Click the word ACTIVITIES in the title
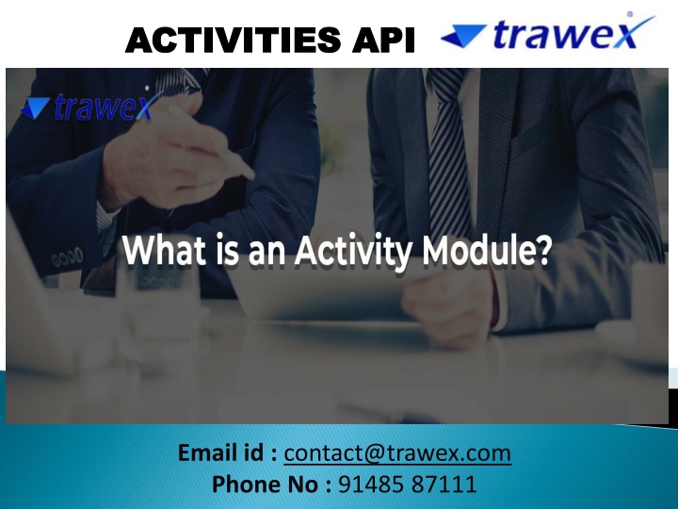[234, 40]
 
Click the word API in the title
[383, 40]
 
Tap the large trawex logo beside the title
[548, 31]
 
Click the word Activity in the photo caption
[352, 251]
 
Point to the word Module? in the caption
[487, 250]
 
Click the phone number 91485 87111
[408, 484]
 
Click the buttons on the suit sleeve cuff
[68, 256]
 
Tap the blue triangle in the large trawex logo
[463, 36]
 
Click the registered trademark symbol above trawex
[630, 14]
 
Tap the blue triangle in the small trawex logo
[35, 108]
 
